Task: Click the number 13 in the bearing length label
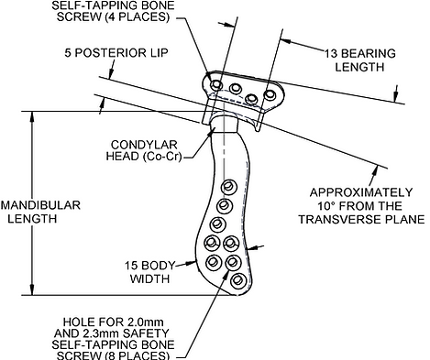click(330, 53)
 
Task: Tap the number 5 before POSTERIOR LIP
click(68, 52)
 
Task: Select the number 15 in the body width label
click(130, 266)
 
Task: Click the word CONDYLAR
click(144, 145)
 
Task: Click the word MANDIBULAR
click(40, 205)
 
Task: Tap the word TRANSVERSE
click(339, 219)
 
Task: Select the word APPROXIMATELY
click(361, 192)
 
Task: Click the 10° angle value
click(325, 206)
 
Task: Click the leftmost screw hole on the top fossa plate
click(216, 84)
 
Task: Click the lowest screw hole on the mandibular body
click(238, 280)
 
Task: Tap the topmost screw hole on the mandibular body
click(227, 186)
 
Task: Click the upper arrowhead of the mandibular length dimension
click(32, 117)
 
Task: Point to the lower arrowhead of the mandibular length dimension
click(32, 289)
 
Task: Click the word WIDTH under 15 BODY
click(149, 278)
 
